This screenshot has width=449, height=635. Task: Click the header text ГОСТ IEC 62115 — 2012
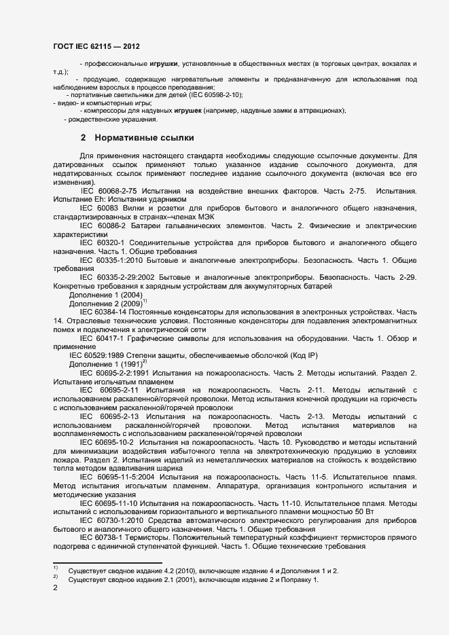tap(97, 46)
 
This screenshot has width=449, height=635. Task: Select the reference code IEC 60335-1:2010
tap(113, 259)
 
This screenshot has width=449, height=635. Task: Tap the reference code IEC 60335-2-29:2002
tap(122, 277)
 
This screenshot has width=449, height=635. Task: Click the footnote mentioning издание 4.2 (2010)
tap(203, 571)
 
